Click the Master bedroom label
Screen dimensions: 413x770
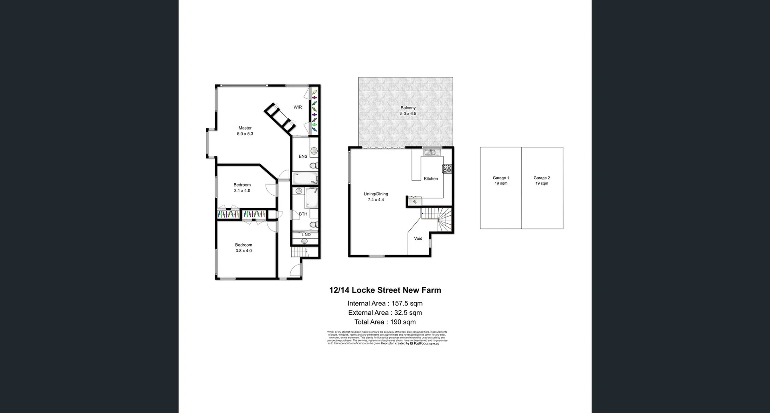click(245, 128)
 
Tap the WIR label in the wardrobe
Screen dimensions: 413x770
click(298, 107)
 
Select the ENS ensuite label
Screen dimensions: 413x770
click(303, 156)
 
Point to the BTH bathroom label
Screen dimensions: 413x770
click(303, 214)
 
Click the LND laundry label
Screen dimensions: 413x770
click(306, 235)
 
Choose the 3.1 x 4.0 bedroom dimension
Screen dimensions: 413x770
click(242, 191)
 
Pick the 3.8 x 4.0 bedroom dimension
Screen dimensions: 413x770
click(243, 251)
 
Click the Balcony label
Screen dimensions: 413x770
click(408, 108)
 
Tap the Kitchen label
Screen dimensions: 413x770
click(431, 179)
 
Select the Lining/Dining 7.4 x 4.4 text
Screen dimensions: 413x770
click(376, 197)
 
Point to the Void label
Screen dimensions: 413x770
click(418, 239)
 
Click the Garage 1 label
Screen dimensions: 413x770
click(501, 178)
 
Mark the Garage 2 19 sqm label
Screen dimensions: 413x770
click(541, 181)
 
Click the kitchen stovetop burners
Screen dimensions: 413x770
click(447, 168)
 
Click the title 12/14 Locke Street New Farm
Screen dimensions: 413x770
click(385, 290)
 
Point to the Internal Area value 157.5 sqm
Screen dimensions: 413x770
click(407, 304)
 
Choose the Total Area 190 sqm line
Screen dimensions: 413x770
click(385, 322)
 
